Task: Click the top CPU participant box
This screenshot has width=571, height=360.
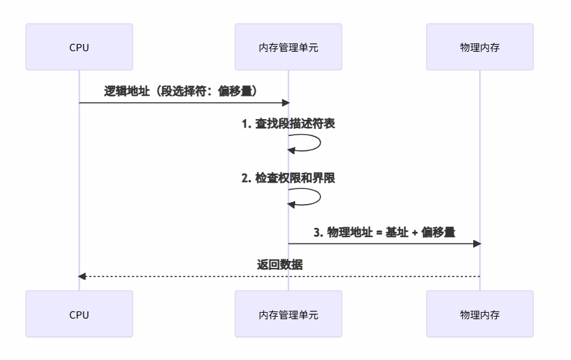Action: pos(79,47)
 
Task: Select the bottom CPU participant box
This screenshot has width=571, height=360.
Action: pos(79,314)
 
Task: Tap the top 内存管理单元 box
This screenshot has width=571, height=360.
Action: pos(288,47)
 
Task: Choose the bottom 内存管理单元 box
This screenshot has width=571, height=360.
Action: pos(288,314)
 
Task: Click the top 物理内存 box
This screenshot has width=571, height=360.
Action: pos(480,47)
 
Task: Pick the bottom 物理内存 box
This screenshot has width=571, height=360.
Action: pos(480,314)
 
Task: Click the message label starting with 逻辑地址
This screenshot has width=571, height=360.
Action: pos(183,91)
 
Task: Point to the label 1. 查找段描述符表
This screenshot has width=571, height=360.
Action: pos(288,124)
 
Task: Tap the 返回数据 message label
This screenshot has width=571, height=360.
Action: pos(279,265)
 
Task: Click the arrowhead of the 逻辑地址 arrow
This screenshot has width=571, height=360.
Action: pos(284,103)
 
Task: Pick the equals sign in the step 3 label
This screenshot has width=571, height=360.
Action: pos(377,232)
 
